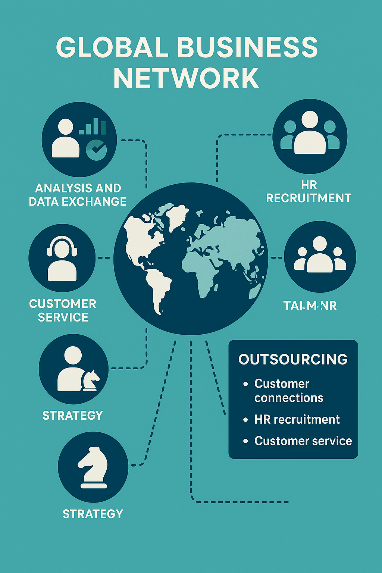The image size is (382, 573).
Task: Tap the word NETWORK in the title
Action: (x=186, y=78)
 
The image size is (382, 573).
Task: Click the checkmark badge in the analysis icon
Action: (x=96, y=150)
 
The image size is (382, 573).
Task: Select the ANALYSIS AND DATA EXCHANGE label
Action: (x=78, y=195)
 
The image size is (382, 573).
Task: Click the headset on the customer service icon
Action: (x=62, y=246)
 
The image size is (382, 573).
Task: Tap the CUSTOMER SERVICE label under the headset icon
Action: (x=63, y=310)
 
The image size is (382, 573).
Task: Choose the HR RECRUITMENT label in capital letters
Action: (x=309, y=191)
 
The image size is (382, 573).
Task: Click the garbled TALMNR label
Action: (x=310, y=306)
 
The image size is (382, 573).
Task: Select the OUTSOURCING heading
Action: (x=293, y=359)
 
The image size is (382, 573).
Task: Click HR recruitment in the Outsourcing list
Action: (x=297, y=419)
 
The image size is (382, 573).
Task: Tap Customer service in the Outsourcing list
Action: (x=303, y=441)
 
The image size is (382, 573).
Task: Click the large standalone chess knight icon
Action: (x=93, y=467)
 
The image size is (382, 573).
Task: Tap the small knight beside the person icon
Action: (x=90, y=381)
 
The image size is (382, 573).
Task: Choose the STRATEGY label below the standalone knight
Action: (x=93, y=514)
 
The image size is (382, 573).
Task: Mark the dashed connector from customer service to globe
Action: (x=104, y=258)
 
